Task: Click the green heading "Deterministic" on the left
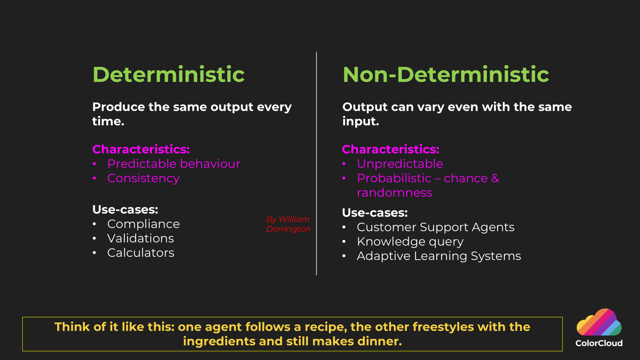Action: (168, 74)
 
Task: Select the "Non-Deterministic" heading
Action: (446, 74)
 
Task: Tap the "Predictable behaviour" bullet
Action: (174, 164)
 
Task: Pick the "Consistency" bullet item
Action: (144, 178)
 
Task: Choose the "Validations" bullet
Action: (140, 238)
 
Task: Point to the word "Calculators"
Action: (141, 253)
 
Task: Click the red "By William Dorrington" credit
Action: (288, 224)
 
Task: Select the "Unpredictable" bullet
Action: (400, 164)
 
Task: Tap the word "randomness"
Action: (394, 192)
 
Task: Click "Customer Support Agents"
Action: (436, 228)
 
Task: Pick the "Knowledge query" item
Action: (410, 242)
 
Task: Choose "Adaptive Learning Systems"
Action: (439, 256)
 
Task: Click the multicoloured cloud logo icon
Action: (599, 322)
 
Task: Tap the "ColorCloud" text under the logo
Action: (599, 343)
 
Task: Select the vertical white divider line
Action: (316, 164)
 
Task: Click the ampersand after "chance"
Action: (495, 178)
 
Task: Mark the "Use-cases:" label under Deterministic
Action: (125, 210)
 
